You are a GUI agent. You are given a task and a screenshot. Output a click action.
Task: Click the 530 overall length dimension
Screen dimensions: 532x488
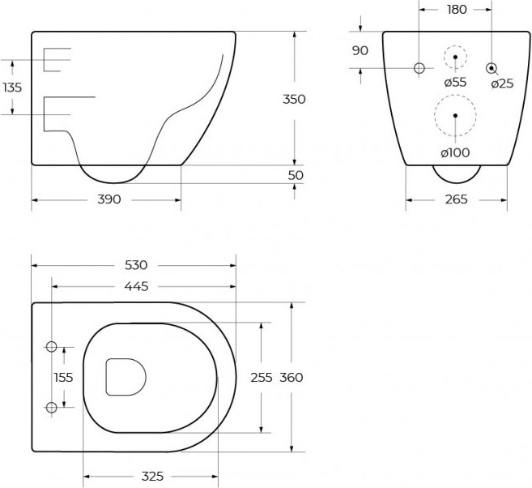136,265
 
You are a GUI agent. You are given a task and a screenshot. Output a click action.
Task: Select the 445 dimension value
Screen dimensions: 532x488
136,287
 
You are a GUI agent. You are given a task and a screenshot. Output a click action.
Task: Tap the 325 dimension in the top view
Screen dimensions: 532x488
152,477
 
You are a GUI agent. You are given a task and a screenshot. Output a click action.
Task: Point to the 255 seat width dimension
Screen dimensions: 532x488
262,377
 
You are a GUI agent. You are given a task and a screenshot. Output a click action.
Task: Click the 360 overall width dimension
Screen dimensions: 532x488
292,377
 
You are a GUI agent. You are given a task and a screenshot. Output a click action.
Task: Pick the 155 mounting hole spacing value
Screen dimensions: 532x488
63,377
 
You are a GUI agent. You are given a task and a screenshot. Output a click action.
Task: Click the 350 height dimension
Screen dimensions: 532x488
294,99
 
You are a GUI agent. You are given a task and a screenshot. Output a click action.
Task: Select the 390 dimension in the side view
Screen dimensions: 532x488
109,199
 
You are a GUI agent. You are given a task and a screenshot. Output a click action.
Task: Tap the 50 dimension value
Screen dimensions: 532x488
296,175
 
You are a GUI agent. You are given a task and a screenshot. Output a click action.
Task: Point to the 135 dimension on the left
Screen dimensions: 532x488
12,88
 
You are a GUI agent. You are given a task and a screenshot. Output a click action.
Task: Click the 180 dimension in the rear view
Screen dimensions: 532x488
457,10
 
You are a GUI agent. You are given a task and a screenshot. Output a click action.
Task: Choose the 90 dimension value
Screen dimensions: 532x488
360,50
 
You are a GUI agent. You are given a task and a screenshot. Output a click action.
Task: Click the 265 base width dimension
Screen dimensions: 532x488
457,199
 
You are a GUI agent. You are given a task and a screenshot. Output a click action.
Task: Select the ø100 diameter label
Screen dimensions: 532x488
455,153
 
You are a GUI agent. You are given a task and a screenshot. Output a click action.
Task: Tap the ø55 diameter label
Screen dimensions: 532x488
455,82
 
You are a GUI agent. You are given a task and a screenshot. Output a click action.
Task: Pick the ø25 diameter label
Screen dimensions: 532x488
502,83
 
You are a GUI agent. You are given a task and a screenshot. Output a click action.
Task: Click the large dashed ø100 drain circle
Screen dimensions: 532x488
455,95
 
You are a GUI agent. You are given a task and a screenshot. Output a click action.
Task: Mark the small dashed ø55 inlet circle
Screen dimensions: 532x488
455,45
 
